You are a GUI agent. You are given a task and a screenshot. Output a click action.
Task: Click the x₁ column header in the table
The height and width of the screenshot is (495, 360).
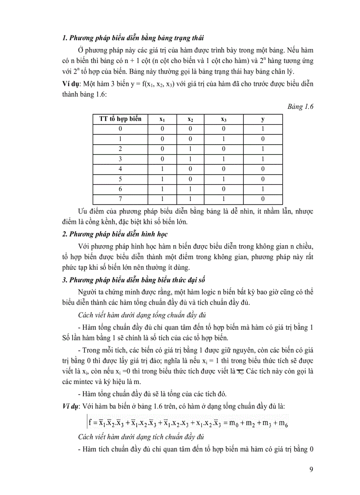(x=162, y=119)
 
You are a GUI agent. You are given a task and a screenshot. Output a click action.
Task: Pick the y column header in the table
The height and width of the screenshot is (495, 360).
(x=262, y=119)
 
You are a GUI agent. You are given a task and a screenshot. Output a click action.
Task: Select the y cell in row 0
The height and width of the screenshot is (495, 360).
(x=262, y=129)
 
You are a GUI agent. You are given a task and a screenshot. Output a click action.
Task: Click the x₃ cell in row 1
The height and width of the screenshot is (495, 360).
(x=224, y=139)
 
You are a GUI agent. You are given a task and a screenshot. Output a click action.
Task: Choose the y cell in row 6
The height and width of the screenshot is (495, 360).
(x=262, y=189)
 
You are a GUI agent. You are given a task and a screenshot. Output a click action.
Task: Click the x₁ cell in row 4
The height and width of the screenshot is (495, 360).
(x=162, y=169)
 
